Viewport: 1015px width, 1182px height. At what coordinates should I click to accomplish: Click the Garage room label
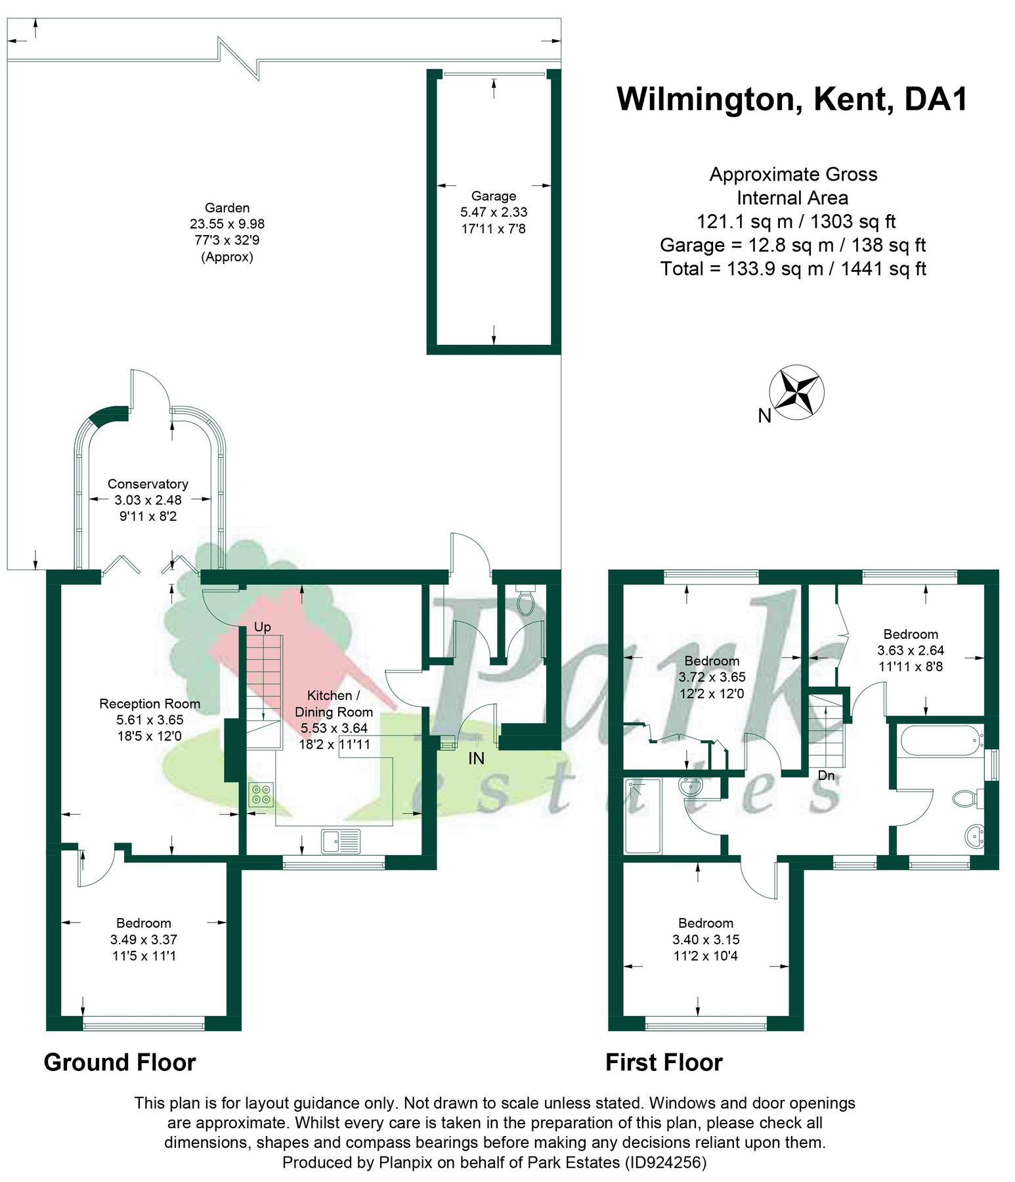tap(493, 196)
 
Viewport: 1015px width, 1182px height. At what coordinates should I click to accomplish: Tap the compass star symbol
tap(796, 393)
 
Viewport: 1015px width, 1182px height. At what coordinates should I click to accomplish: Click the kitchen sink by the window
tap(341, 841)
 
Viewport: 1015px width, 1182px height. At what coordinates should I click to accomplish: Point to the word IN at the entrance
tap(476, 758)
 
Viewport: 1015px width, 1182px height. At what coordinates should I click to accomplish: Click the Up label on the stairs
tap(262, 626)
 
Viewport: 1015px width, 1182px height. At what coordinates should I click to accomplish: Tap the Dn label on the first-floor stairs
tap(826, 776)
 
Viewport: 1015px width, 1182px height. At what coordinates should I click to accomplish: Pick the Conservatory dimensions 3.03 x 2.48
tap(148, 500)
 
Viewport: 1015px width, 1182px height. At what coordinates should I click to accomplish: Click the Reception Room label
tap(150, 703)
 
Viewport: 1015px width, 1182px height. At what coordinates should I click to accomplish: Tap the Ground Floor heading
tap(119, 1062)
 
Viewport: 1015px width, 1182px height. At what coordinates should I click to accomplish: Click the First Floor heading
tap(664, 1062)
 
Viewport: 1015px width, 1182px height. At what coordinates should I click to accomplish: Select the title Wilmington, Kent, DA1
tap(792, 99)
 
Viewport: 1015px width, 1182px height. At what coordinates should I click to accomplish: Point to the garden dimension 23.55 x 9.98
tap(227, 224)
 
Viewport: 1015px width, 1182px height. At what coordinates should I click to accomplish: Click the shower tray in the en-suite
tap(643, 816)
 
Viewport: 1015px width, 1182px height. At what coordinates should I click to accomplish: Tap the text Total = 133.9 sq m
tap(793, 269)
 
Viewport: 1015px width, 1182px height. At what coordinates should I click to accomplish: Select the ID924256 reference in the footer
tap(666, 1162)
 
